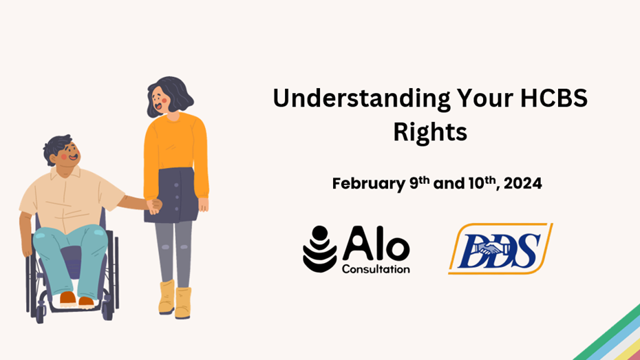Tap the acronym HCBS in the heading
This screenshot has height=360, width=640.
tap(554, 98)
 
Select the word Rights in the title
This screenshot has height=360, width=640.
tap(430, 132)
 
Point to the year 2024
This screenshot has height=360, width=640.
tap(523, 183)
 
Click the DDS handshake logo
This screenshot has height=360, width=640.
tap(500, 248)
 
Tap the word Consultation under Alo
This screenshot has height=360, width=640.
tap(376, 269)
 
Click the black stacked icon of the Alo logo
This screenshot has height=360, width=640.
tap(320, 249)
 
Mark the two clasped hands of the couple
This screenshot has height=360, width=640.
tap(154, 206)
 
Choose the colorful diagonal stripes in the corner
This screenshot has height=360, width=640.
tap(610, 335)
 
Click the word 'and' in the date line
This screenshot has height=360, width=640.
tap(449, 184)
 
